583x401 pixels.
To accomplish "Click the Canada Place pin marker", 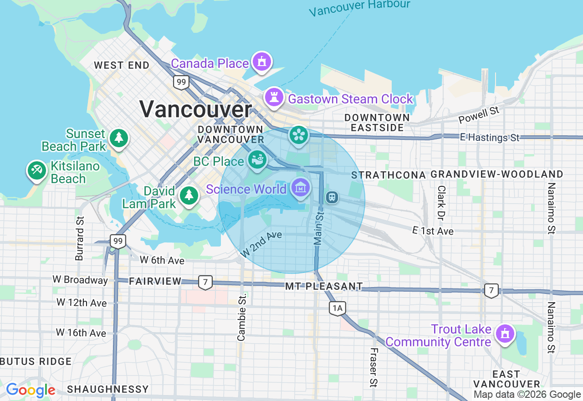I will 261,62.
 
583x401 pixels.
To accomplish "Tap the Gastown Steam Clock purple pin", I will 274,97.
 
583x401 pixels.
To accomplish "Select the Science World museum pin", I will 301,187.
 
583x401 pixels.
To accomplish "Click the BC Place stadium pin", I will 257,160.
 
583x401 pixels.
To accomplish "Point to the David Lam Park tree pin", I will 188,195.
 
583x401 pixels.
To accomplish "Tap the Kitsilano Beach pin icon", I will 36,170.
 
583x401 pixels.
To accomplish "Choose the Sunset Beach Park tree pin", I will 119,138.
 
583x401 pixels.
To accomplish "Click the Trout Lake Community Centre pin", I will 505,334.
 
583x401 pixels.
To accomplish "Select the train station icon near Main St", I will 332,197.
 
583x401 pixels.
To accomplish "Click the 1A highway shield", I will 337,308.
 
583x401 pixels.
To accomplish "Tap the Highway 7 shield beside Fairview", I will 205,283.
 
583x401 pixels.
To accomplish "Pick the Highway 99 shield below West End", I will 181,82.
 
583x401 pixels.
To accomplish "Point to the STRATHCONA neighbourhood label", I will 389,175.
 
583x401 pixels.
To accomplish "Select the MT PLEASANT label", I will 324,287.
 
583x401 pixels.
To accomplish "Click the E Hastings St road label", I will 490,137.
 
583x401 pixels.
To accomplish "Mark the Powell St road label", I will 479,115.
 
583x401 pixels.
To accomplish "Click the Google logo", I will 31,391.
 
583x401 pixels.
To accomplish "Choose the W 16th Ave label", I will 81,333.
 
